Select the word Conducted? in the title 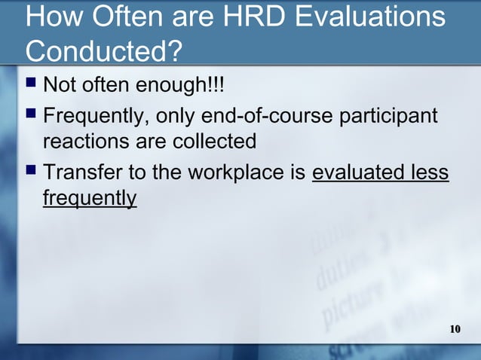coord(103,52)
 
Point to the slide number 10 coord(455,329)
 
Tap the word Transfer coord(84,174)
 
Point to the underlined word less coord(430,174)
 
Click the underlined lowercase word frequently coord(90,199)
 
